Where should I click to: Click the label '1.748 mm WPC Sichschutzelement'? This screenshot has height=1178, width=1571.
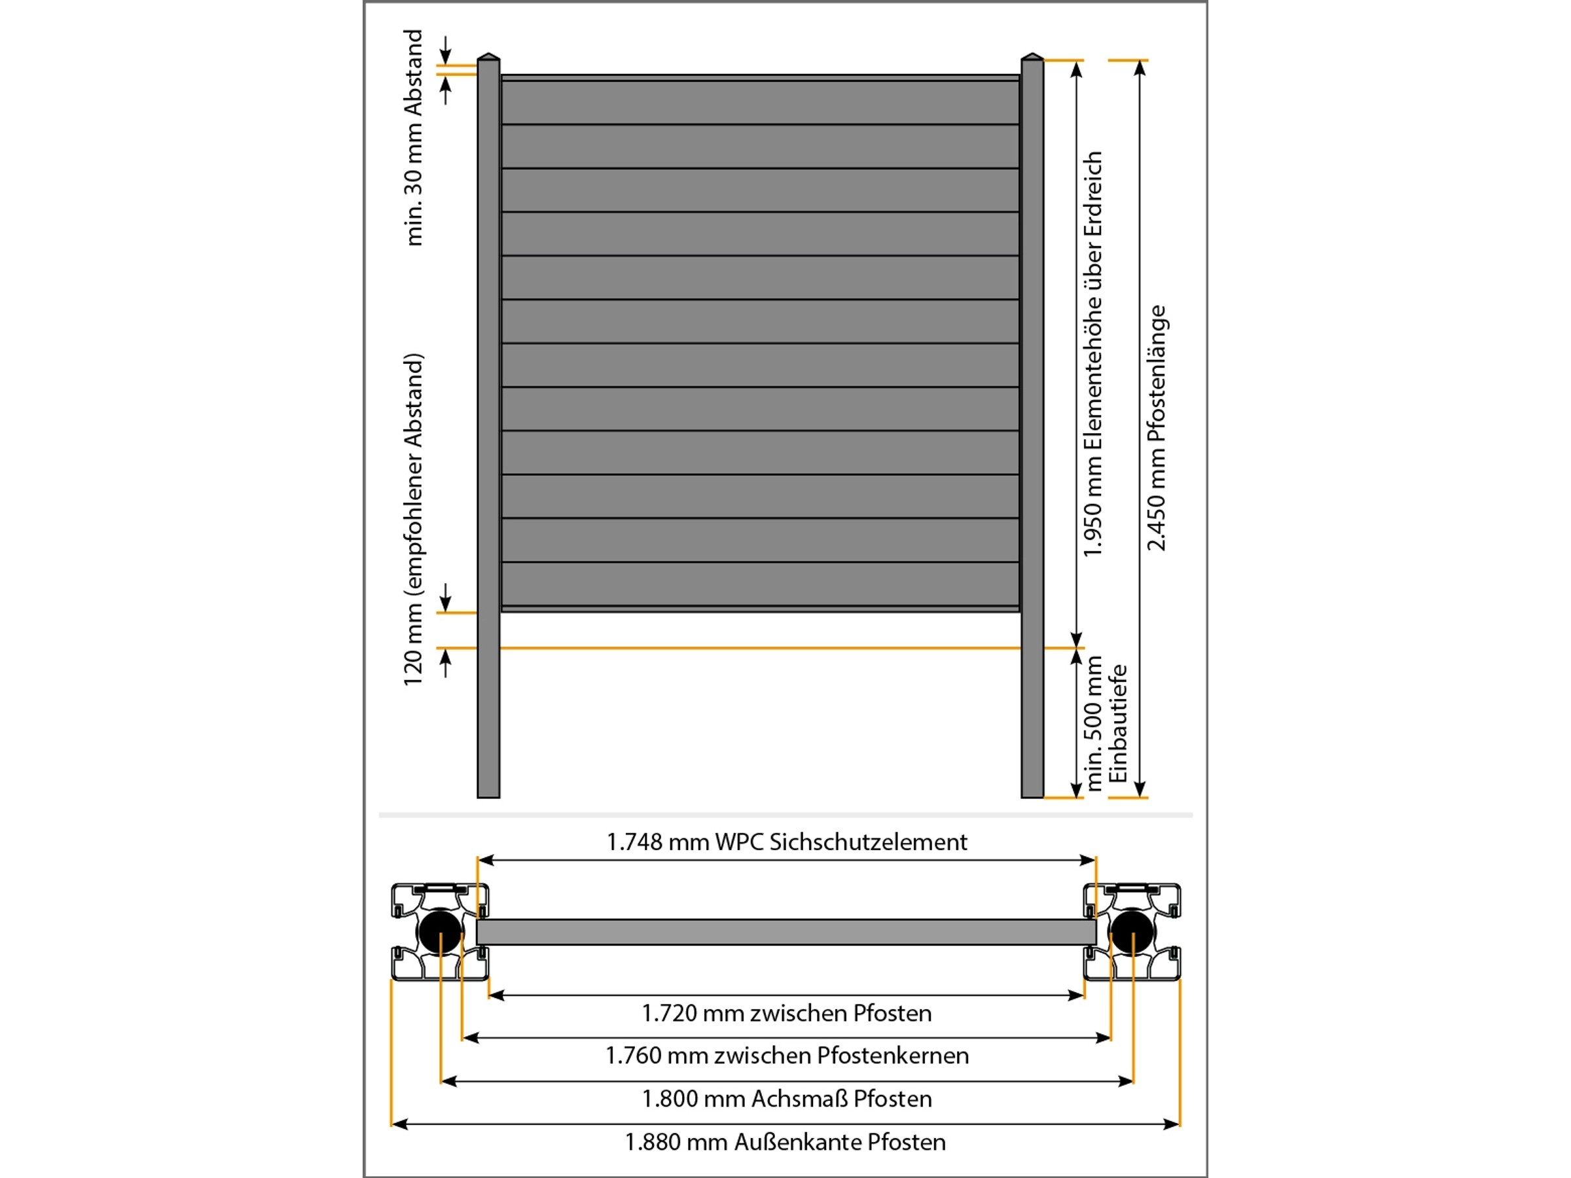pyautogui.click(x=786, y=842)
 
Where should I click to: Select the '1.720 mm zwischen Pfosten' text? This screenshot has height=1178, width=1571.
pyautogui.click(x=786, y=1013)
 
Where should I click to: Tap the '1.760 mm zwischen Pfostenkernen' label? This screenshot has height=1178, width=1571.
pyautogui.click(x=786, y=1056)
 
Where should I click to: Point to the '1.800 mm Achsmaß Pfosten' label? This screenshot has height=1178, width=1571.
pyautogui.click(x=786, y=1099)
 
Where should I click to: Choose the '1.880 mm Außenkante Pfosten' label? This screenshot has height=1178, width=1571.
pyautogui.click(x=785, y=1143)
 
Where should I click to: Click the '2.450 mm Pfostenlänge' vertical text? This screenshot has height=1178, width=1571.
pyautogui.click(x=1156, y=428)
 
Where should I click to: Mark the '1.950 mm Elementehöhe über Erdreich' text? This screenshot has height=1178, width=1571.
pyautogui.click(x=1092, y=353)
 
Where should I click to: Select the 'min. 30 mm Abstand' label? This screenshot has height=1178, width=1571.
pyautogui.click(x=412, y=137)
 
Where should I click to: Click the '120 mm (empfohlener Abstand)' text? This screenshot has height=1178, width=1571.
pyautogui.click(x=412, y=520)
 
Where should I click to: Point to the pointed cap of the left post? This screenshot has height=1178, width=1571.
pyautogui.click(x=488, y=56)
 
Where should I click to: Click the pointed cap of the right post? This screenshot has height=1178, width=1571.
pyautogui.click(x=1032, y=56)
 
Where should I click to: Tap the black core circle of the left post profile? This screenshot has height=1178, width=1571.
pyautogui.click(x=441, y=932)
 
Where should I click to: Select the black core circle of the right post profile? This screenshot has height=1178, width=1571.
pyautogui.click(x=1132, y=932)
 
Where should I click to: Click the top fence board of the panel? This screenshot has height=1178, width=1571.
pyautogui.click(x=760, y=102)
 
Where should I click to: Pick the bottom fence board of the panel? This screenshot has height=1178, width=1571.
pyautogui.click(x=760, y=584)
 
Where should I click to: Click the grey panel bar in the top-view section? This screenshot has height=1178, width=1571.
pyautogui.click(x=786, y=932)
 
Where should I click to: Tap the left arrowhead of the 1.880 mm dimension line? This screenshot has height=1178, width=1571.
pyautogui.click(x=399, y=1124)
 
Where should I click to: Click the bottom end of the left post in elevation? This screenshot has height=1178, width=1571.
pyautogui.click(x=488, y=796)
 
